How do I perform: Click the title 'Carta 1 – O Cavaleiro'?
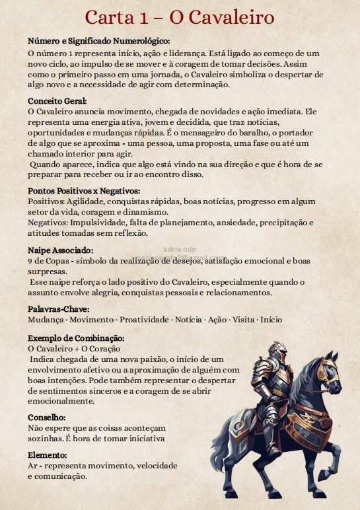click(x=180, y=18)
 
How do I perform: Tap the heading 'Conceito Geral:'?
click(x=57, y=100)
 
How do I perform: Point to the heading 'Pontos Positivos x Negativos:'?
click(x=84, y=192)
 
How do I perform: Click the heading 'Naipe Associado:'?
click(x=61, y=250)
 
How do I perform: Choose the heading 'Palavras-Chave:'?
click(x=59, y=309)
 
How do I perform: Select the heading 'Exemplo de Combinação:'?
click(x=76, y=338)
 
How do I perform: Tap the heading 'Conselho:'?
click(x=47, y=418)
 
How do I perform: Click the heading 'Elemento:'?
click(x=48, y=456)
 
